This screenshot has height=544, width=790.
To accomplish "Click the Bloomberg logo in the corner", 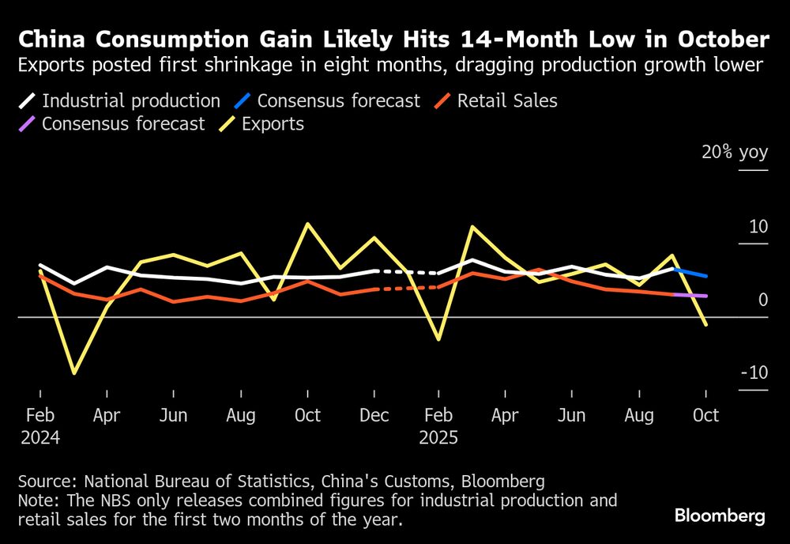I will coord(720,516).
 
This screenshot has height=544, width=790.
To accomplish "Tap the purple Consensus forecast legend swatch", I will coord(28,124).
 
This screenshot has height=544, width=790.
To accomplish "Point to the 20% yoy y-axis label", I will coord(735,153).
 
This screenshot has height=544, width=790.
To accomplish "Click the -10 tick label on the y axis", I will coord(754,372).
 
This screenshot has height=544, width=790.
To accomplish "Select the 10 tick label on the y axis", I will coord(758,227).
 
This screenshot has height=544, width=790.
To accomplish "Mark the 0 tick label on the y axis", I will coord(763,300).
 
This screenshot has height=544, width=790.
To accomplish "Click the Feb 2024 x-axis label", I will coord(40,425).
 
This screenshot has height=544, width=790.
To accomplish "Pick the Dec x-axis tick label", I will coord(374,415).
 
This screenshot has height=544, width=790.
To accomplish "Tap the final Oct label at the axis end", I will coord(705,415).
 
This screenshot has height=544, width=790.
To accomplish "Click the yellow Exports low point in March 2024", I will coord(73,372).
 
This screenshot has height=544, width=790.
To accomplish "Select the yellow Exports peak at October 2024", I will coord(307,224).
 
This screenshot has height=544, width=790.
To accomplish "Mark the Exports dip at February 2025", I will coord(439,339).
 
